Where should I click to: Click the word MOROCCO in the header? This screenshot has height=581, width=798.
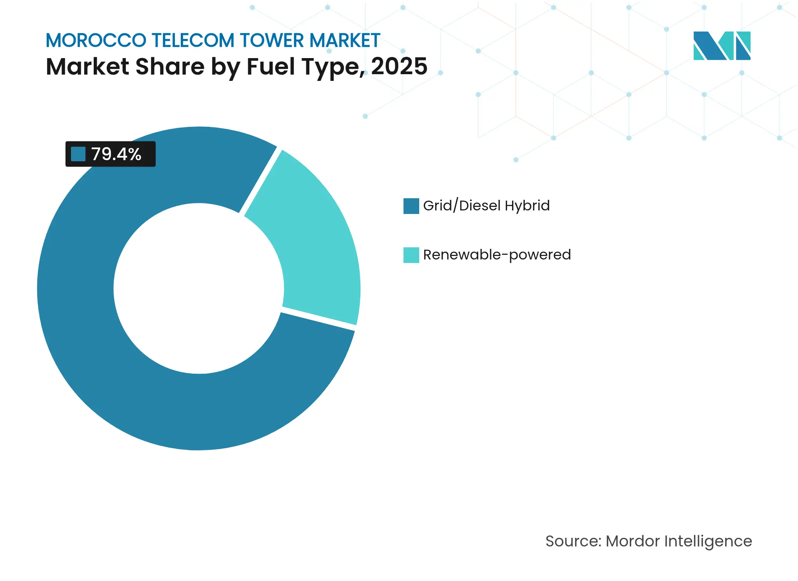[96, 40]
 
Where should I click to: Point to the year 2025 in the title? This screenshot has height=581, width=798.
[399, 66]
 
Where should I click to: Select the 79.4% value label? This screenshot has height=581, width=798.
[116, 154]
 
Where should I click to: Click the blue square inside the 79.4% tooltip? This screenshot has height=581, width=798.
[78, 154]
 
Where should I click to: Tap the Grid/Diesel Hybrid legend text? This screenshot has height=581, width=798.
[486, 206]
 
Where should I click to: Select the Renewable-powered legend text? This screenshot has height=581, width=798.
[497, 255]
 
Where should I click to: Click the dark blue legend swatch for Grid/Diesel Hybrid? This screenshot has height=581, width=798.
[411, 206]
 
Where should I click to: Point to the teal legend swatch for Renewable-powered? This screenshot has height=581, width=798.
[411, 255]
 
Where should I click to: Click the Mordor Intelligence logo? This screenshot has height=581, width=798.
[722, 46]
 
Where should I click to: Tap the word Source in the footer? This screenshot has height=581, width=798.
[573, 541]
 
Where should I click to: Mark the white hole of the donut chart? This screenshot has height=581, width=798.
[198, 289]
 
